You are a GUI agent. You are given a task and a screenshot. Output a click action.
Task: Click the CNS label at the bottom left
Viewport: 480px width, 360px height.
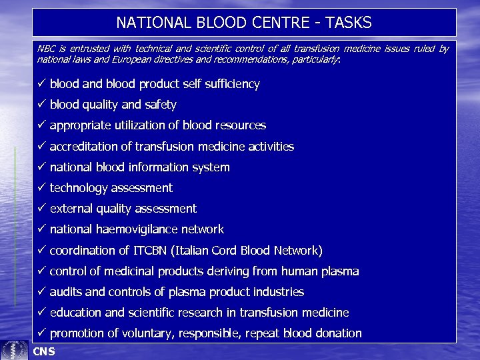coord(44,351)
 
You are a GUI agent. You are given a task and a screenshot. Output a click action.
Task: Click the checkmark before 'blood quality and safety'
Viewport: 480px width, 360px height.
coord(41,105)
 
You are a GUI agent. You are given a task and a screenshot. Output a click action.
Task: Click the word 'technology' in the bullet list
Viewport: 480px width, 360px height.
coord(79,188)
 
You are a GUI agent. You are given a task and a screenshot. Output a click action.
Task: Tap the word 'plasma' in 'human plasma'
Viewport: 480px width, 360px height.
coord(339,271)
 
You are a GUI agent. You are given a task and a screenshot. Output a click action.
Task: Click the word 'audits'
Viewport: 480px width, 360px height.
coord(65,292)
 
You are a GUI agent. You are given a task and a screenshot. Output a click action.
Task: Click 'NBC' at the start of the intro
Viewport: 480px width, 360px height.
coord(46,49)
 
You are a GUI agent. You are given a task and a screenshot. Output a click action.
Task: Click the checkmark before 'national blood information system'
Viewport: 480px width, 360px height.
coord(41,167)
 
